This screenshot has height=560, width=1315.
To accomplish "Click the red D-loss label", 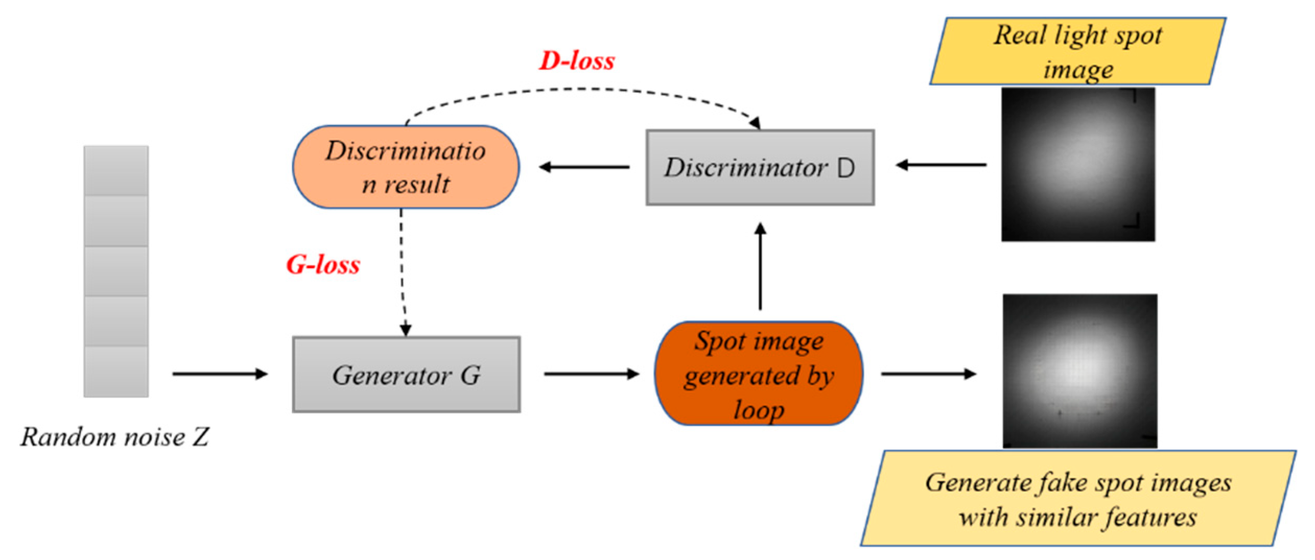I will pyautogui.click(x=576, y=61).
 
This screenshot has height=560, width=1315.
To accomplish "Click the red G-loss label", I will pyautogui.click(x=323, y=265).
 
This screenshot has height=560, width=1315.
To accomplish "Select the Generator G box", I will pyautogui.click(x=406, y=374).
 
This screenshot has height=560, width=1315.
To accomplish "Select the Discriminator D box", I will pyautogui.click(x=760, y=168).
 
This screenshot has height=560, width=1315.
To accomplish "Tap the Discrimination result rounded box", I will pyautogui.click(x=406, y=167).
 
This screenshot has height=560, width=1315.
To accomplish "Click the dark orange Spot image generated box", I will pyautogui.click(x=759, y=374).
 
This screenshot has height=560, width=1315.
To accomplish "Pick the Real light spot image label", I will pyautogui.click(x=1077, y=51).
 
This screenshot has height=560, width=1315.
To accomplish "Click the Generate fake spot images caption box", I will pyautogui.click(x=1077, y=498).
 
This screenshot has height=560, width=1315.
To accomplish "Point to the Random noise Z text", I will pyautogui.click(x=115, y=436).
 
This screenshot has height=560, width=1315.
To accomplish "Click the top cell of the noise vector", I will pyautogui.click(x=116, y=171).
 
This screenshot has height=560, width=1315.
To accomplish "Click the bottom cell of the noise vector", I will pyautogui.click(x=116, y=372).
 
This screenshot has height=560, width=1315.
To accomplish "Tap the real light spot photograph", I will pyautogui.click(x=1077, y=164).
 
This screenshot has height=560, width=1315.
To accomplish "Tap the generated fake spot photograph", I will pyautogui.click(x=1080, y=371).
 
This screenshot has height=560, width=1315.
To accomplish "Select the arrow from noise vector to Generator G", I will pyautogui.click(x=219, y=374).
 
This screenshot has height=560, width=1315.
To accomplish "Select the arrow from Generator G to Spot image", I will pyautogui.click(x=591, y=374).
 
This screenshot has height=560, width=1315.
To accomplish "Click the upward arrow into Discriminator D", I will pyautogui.click(x=760, y=266).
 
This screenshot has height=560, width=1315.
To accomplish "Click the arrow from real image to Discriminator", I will pyautogui.click(x=941, y=165).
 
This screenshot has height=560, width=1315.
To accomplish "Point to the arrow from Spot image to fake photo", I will pyautogui.click(x=928, y=374).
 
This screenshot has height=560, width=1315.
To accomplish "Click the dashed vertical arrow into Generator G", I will pyautogui.click(x=402, y=271).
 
